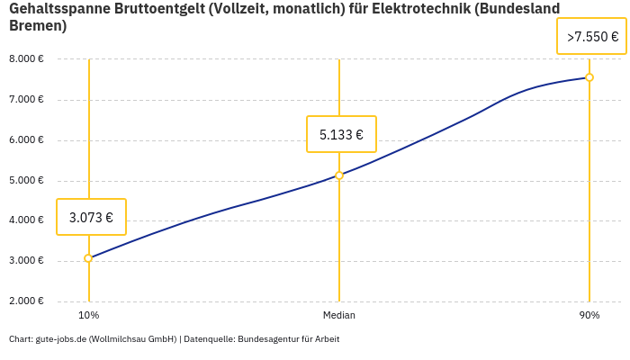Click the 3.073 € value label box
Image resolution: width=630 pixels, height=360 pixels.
click(91, 217)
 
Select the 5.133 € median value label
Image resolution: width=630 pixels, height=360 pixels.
click(341, 135)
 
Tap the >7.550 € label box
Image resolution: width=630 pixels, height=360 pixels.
click(591, 37)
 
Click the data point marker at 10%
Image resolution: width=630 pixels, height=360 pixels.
click(88, 258)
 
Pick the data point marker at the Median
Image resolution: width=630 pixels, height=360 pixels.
click(339, 175)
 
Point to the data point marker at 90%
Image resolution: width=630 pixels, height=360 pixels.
click(589, 77)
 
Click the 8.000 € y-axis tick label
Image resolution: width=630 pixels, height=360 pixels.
click(26, 59)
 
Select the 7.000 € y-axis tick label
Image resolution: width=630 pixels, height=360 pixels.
click(26, 100)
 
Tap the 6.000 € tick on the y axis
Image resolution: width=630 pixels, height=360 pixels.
click(26, 140)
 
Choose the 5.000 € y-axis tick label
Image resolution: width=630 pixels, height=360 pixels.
click(26, 181)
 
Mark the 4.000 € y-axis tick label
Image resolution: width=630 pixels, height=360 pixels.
click(26, 220)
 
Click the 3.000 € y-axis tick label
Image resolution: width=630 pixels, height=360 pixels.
click(26, 261)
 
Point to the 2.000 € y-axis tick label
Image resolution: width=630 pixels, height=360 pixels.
click(26, 301)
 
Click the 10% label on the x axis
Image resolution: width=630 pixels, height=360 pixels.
click(88, 316)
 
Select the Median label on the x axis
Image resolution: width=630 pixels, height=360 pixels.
click(339, 316)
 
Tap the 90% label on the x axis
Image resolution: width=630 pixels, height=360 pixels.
click(589, 316)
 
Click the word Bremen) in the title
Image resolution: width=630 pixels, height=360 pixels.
click(38, 26)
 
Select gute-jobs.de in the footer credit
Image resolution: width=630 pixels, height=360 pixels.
click(61, 339)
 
